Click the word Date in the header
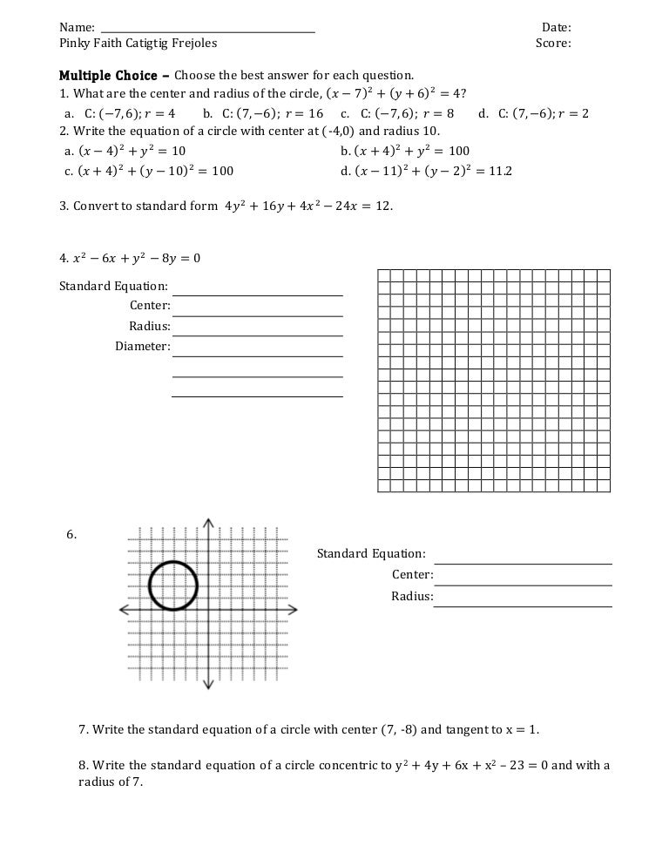(555, 27)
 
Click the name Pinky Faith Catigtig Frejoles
(138, 43)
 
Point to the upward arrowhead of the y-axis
(208, 523)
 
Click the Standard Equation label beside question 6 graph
(371, 553)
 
